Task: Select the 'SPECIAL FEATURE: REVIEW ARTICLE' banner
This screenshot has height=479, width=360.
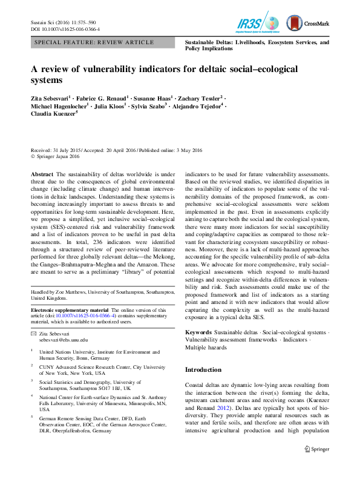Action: tap(94, 42)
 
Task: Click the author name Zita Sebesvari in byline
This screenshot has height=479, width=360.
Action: tap(51, 97)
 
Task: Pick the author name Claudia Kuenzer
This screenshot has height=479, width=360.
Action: tap(54, 113)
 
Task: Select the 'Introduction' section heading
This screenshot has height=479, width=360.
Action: tap(203, 369)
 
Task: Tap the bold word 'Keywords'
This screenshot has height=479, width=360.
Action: tap(198, 332)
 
